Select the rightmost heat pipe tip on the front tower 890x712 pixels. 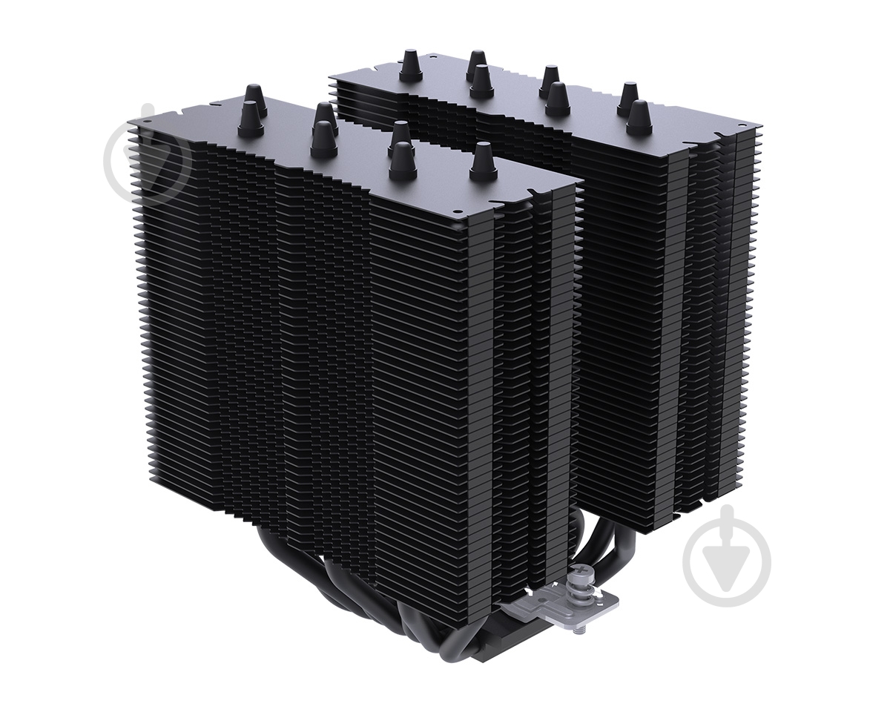point(483,160)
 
